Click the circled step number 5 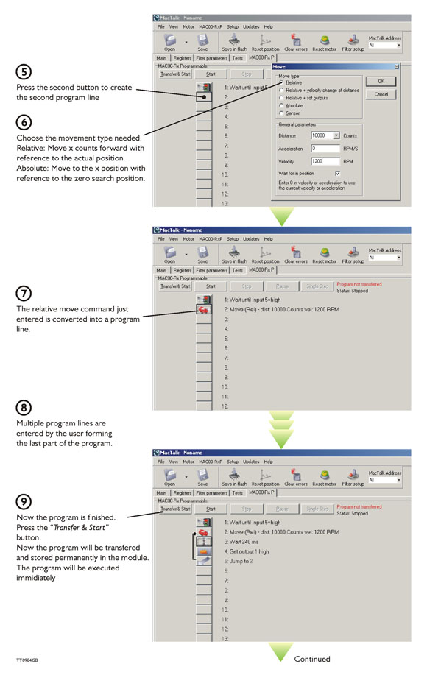(25, 72)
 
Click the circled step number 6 (25, 121)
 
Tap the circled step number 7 (25, 292)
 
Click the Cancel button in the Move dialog (381, 95)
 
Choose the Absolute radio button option (282, 106)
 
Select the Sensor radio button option (282, 113)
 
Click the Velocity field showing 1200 (325, 160)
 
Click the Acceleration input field (325, 148)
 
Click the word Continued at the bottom (312, 659)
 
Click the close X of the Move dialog (397, 66)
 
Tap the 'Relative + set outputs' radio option (282, 98)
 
